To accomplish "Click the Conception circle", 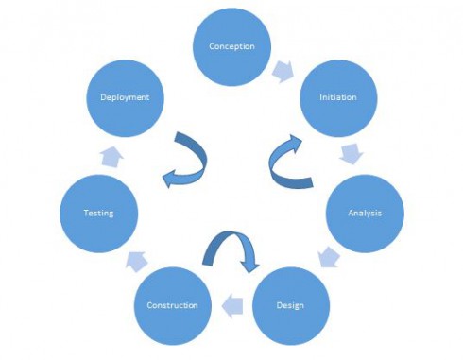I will [x=231, y=47].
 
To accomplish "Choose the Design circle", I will [x=290, y=304].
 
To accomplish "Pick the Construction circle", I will [x=172, y=305].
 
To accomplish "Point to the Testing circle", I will [x=98, y=213].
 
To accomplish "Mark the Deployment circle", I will [x=127, y=98].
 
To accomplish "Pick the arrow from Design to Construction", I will [x=231, y=303].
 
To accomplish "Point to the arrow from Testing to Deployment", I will [x=110, y=155].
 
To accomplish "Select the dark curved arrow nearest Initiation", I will [x=283, y=161].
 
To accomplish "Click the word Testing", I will [x=98, y=213].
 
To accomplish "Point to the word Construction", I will [x=172, y=305].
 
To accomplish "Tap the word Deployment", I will [x=127, y=98].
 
